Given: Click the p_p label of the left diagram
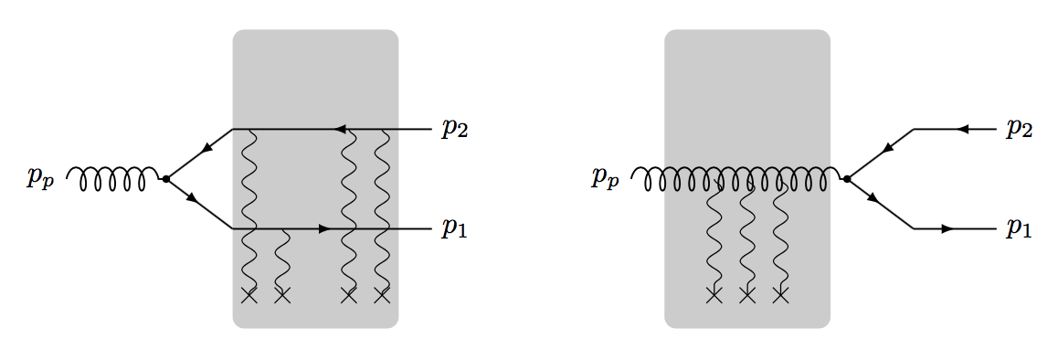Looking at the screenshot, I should coord(40,179).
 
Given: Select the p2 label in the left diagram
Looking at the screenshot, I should coord(455,129).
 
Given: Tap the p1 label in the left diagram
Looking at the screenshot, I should coord(455,228).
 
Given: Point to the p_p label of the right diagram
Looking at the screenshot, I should coord(605,179).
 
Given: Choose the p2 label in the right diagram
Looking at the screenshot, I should coord(1019,129).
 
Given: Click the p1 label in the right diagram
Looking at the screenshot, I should coord(1019,228).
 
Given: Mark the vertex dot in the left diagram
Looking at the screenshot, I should coord(165,179).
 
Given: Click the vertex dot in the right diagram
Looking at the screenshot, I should coord(847,179).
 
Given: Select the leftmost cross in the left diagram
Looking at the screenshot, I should coord(249,294).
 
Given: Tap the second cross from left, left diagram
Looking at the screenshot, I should coord(281,294).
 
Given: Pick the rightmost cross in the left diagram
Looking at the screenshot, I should coord(382,294).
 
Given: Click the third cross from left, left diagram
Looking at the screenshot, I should coord(348,294).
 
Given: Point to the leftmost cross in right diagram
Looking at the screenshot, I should coord(714,294).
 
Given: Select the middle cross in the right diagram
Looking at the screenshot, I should coord(747,294).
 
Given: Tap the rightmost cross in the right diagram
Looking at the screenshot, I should coord(780,294).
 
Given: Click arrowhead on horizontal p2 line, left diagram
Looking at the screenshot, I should coord(340,129).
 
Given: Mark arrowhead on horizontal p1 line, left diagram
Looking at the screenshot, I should coord(323,228).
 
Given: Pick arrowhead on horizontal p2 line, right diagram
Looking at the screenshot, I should coord(961,129).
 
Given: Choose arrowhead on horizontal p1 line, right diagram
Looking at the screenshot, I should coord(947,228).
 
